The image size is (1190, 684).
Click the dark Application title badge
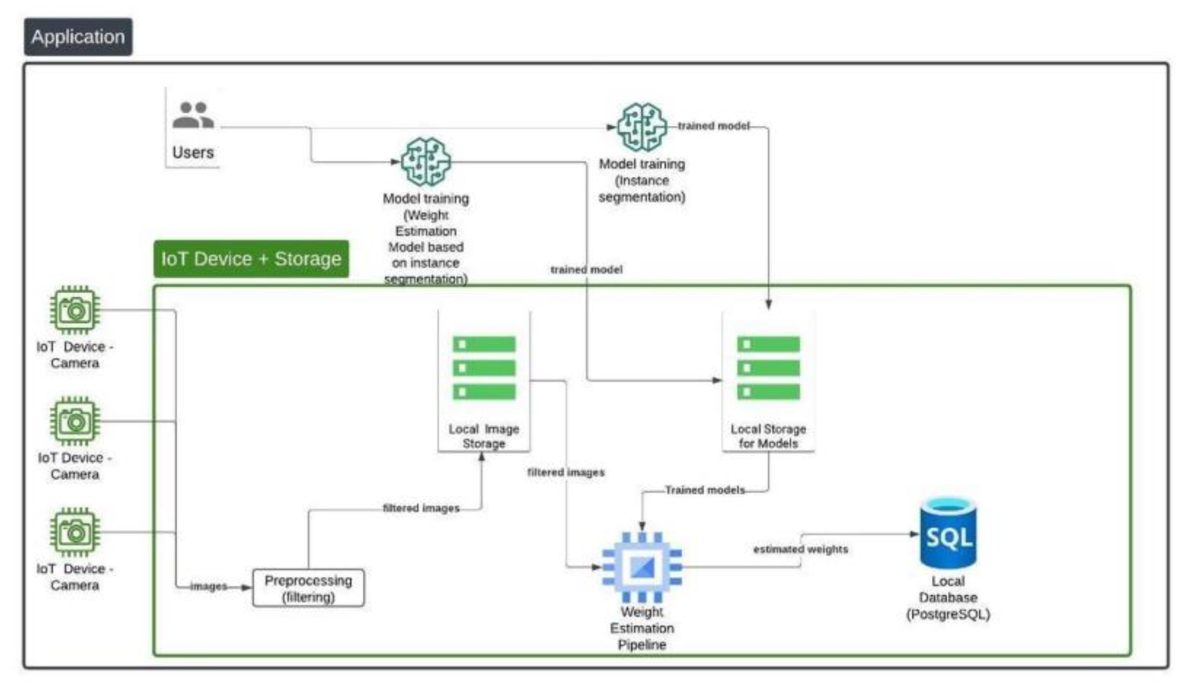[78, 37]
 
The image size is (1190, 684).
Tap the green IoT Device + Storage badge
[251, 259]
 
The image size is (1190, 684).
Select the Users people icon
[193, 115]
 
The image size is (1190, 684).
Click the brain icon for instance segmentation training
[641, 127]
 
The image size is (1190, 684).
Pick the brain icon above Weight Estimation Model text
[425, 162]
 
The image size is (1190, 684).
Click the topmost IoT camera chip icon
[75, 310]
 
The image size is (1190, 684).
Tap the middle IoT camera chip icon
[75, 421]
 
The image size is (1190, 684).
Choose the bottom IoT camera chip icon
[75, 532]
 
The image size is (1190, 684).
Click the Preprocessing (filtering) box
[308, 588]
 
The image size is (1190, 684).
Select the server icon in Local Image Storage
[484, 367]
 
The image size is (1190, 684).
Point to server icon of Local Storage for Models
[768, 367]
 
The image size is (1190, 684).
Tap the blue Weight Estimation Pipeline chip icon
[642, 567]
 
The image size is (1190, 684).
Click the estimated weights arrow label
[800, 549]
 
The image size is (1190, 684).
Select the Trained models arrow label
[704, 490]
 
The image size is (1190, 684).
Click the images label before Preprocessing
[208, 586]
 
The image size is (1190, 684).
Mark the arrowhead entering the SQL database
[914, 534]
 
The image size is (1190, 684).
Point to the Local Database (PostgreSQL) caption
[948, 598]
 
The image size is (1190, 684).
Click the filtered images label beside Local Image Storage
[566, 472]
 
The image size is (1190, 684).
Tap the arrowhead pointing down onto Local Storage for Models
[768, 305]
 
